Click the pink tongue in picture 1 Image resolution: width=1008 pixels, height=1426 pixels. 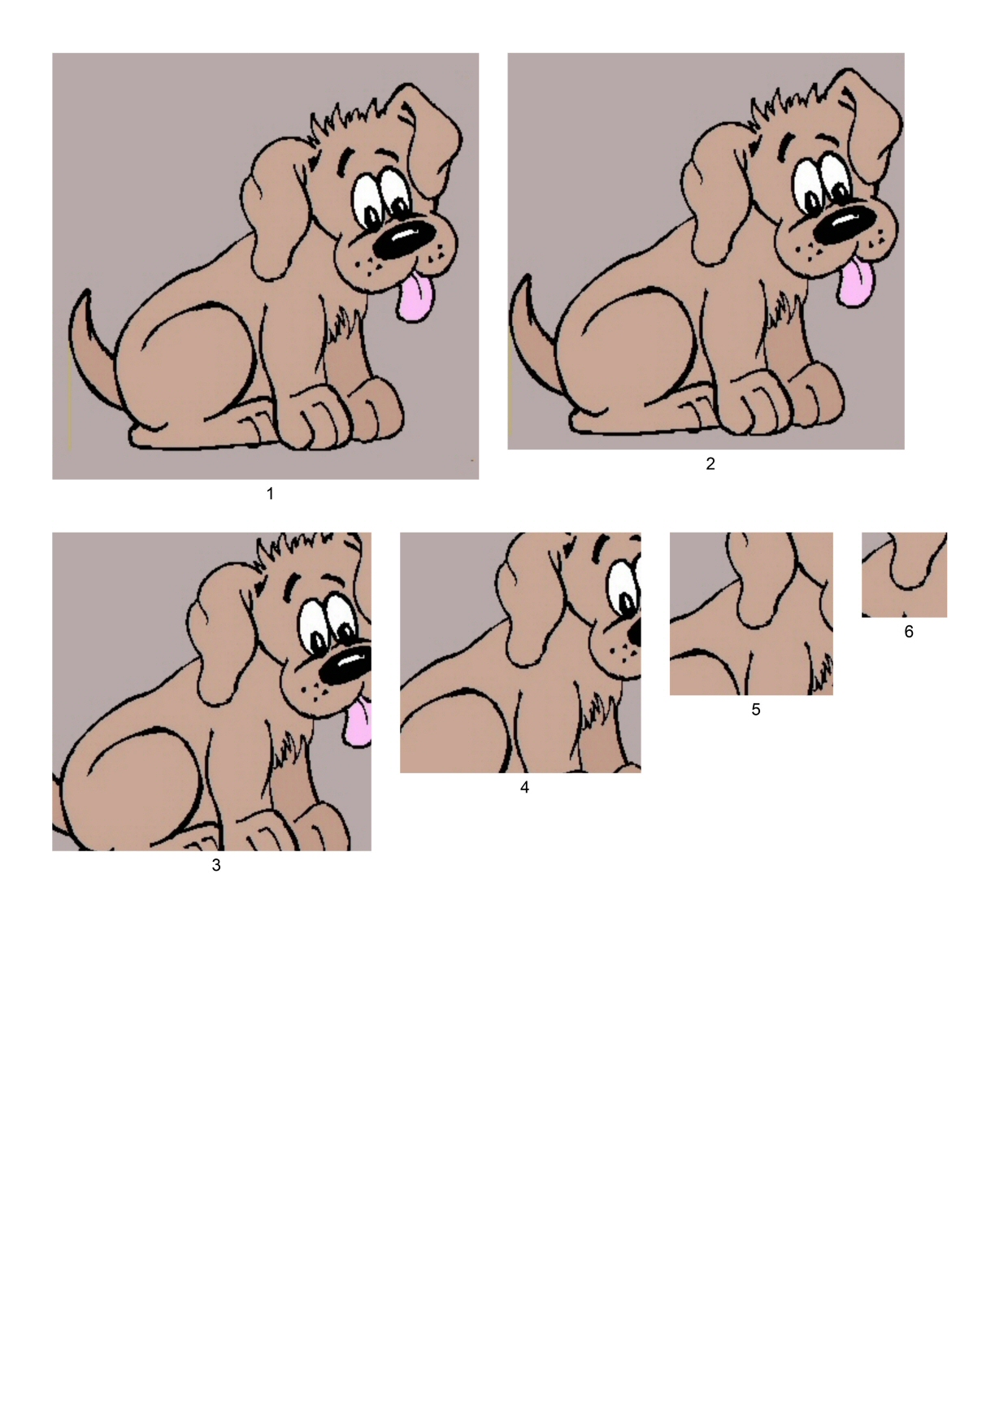coord(415,297)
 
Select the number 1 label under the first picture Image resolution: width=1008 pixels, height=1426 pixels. coord(271,493)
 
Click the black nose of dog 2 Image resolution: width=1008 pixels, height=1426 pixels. coord(845,223)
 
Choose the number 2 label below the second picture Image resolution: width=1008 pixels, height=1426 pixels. coord(710,463)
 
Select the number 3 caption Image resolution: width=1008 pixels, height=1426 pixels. coord(216,865)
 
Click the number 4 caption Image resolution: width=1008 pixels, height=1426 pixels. coord(524,787)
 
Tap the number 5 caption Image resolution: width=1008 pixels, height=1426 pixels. coord(756,710)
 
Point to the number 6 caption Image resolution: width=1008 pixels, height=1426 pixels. coord(909,632)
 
